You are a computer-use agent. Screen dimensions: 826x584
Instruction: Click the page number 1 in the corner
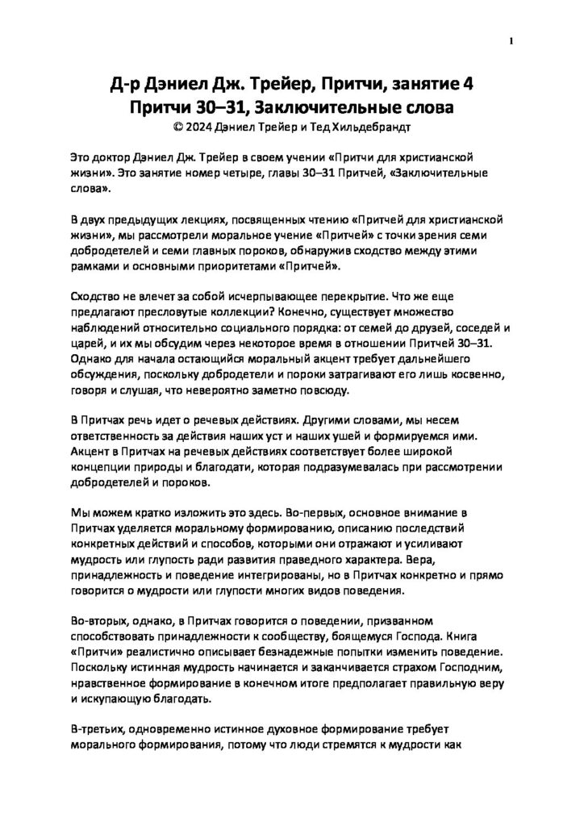point(511,40)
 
